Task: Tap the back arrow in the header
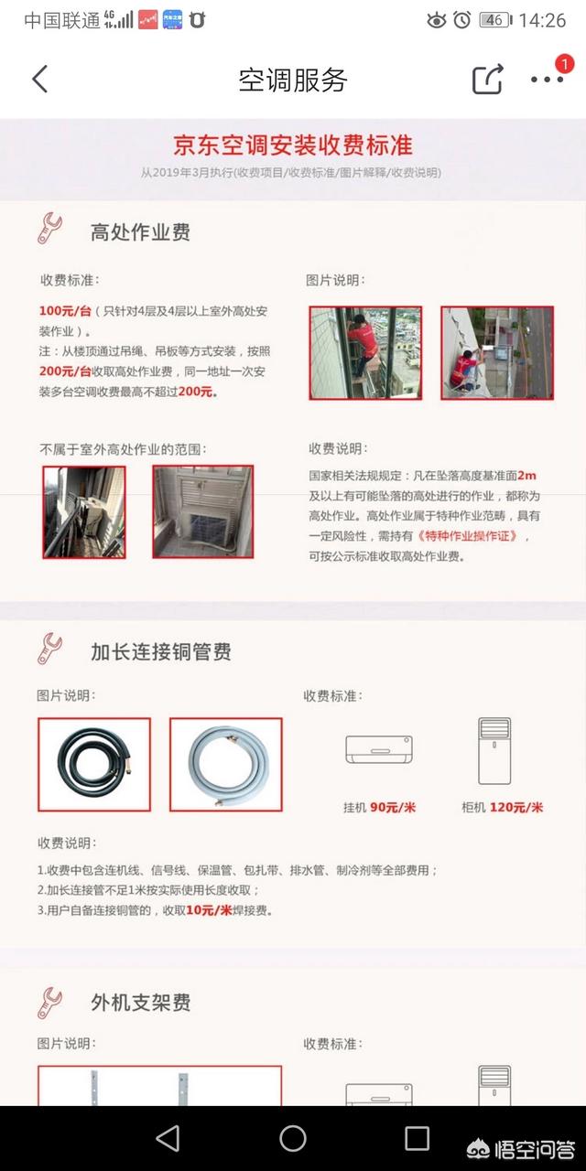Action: pyautogui.click(x=40, y=79)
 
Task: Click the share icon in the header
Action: pyautogui.click(x=488, y=79)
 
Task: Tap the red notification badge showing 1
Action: pyautogui.click(x=564, y=64)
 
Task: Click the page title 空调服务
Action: pyautogui.click(x=292, y=80)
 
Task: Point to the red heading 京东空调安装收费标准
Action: pyautogui.click(x=292, y=145)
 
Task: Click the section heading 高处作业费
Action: pyautogui.click(x=140, y=231)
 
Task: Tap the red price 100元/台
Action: pyautogui.click(x=65, y=310)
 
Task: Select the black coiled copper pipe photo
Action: pyautogui.click(x=94, y=764)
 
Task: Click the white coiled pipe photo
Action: pyautogui.click(x=226, y=764)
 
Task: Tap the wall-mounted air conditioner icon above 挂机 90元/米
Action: pyautogui.click(x=379, y=749)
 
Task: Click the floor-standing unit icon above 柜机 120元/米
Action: pyautogui.click(x=494, y=751)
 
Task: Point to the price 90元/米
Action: pyautogui.click(x=393, y=807)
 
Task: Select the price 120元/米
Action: pyautogui.click(x=516, y=807)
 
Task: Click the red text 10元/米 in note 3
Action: pyautogui.click(x=209, y=910)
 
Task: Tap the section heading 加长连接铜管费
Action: pyautogui.click(x=161, y=651)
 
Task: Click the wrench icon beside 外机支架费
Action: pyautogui.click(x=49, y=1003)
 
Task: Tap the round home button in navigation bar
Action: pyautogui.click(x=293, y=1138)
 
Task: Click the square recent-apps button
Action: pyautogui.click(x=417, y=1138)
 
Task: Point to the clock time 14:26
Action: pyautogui.click(x=542, y=20)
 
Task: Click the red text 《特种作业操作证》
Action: pyautogui.click(x=467, y=536)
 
